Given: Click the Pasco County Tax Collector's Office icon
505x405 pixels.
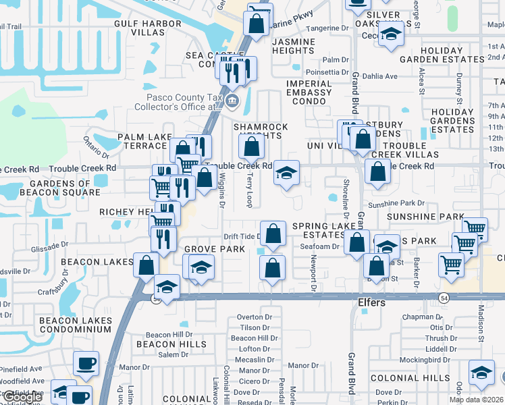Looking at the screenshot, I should coord(232,102).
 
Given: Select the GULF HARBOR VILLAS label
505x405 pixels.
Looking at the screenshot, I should coord(149,28).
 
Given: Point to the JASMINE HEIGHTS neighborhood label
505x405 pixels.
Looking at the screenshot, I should coord(293,46).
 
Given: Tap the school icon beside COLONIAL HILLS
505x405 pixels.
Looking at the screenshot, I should coord(481,373).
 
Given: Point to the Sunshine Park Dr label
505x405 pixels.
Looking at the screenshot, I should coord(396,203).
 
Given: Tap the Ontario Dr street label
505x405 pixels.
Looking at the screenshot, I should coord(97,143).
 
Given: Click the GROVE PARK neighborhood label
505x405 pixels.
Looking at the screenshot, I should coord(215,249).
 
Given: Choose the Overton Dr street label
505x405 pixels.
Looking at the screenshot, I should coord(254,317).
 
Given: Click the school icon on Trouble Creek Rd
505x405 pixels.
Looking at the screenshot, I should coord(286,174).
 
